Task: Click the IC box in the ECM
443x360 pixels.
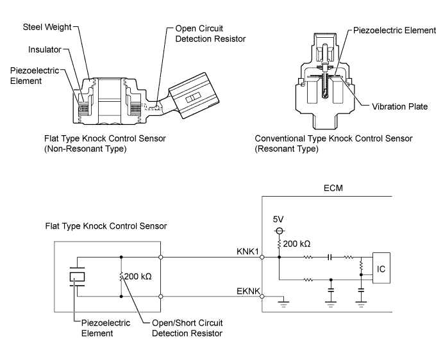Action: click(381, 268)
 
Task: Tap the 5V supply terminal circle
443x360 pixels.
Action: click(279, 231)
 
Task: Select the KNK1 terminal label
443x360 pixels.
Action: click(247, 251)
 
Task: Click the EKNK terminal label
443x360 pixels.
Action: click(248, 291)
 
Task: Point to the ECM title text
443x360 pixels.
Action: click(333, 188)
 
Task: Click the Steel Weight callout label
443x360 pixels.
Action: click(47, 27)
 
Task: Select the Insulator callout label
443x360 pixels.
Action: click(45, 50)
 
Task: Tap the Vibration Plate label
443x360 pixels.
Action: click(399, 106)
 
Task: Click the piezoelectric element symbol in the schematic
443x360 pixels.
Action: click(77, 277)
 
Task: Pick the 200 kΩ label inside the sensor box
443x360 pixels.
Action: click(138, 277)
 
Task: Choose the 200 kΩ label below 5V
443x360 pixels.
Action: click(297, 243)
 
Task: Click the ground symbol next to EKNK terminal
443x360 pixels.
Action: click(283, 303)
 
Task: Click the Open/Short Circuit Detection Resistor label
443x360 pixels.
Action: click(187, 328)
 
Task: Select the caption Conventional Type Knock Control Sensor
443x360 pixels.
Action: click(333, 138)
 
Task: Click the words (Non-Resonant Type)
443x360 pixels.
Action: click(85, 149)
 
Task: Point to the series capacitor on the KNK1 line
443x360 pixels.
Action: click(330, 258)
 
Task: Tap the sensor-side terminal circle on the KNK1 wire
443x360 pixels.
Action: click(161, 258)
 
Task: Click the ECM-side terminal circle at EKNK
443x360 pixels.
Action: click(262, 297)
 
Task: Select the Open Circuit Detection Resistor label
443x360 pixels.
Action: click(210, 33)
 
